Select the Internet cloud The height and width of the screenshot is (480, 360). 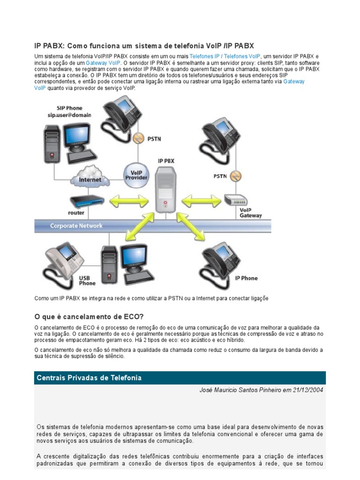(x=90, y=179)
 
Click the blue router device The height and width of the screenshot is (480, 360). (x=86, y=202)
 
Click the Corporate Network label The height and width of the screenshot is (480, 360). (x=76, y=226)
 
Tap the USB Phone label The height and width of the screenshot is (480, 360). (x=87, y=280)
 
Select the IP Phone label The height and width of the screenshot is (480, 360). (x=246, y=278)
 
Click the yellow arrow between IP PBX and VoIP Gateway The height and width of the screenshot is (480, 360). (x=201, y=202)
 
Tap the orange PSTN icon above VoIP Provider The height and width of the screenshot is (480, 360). (x=138, y=138)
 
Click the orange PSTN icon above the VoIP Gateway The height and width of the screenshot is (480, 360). (x=237, y=176)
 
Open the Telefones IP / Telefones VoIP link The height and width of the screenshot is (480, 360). (x=225, y=56)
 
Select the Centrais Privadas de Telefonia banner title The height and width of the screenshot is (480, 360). (x=89, y=378)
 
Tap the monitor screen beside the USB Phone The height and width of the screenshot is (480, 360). (x=135, y=256)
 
